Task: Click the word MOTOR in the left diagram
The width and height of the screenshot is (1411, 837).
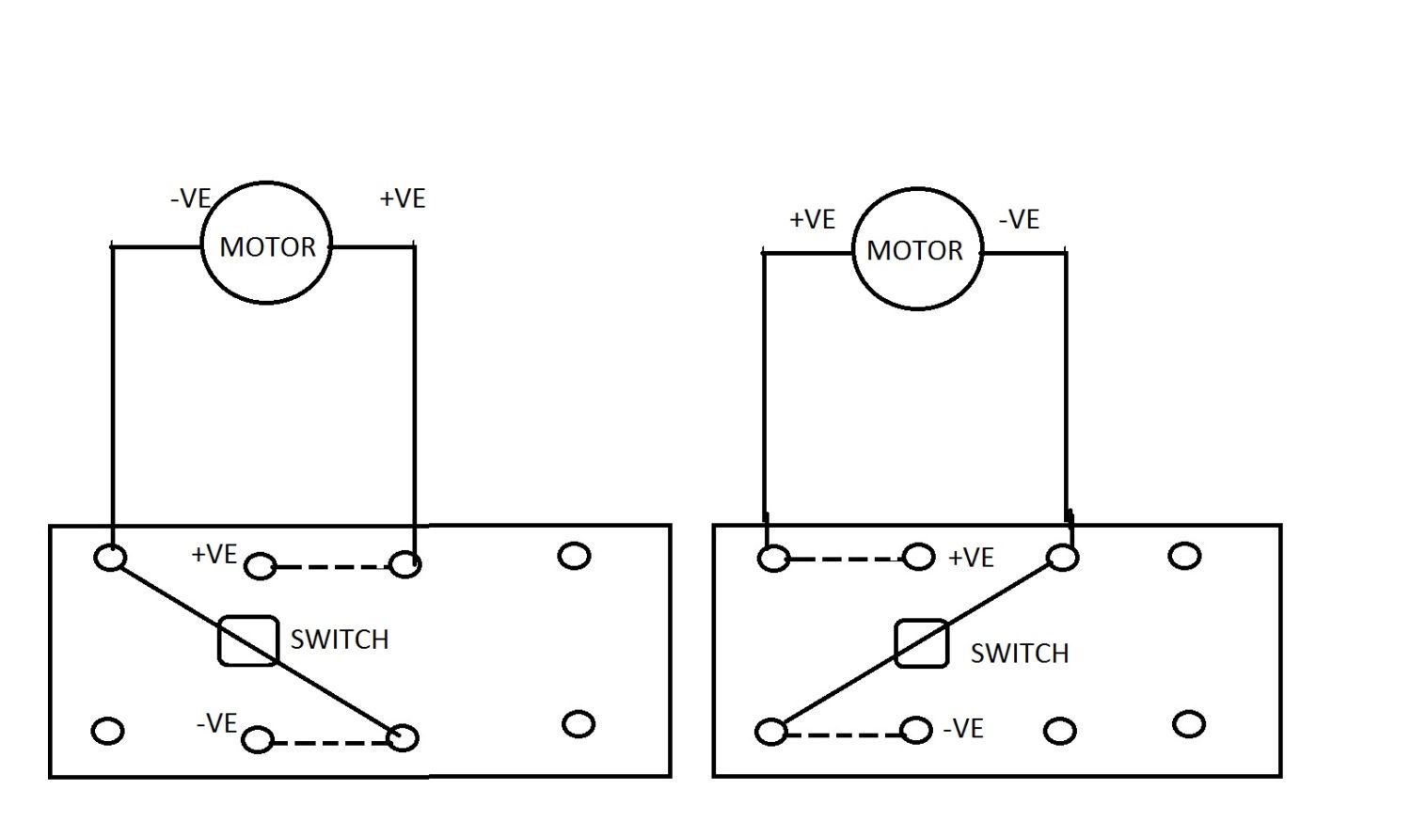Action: point(267,247)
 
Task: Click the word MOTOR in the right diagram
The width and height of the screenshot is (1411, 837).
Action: point(914,251)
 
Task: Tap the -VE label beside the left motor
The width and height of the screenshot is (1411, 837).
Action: point(190,199)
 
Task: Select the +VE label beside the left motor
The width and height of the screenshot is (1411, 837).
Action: point(402,199)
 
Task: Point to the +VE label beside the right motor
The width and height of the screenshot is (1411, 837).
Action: point(812,220)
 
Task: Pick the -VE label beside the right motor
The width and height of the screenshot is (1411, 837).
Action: point(1019,220)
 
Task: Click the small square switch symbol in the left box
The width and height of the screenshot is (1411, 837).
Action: point(247,641)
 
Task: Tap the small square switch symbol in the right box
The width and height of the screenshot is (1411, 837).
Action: point(921,644)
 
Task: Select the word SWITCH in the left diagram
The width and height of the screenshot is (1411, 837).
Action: point(339,640)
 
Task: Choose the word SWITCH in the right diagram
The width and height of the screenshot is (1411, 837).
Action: point(1020,654)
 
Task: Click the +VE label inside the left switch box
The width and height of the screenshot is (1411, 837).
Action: point(214,555)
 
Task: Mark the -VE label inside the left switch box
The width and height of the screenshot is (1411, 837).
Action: point(216,724)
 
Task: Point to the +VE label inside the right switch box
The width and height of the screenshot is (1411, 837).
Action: point(971,559)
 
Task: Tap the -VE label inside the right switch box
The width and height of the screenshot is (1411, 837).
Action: point(963,729)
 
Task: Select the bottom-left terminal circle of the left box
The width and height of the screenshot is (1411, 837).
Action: point(108,731)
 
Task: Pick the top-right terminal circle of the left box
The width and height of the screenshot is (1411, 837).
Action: point(574,556)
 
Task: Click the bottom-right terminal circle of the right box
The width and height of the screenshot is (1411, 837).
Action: point(1189,724)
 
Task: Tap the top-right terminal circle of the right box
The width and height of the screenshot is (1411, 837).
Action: point(1184,556)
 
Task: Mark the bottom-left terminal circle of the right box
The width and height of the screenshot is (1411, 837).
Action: point(771,731)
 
